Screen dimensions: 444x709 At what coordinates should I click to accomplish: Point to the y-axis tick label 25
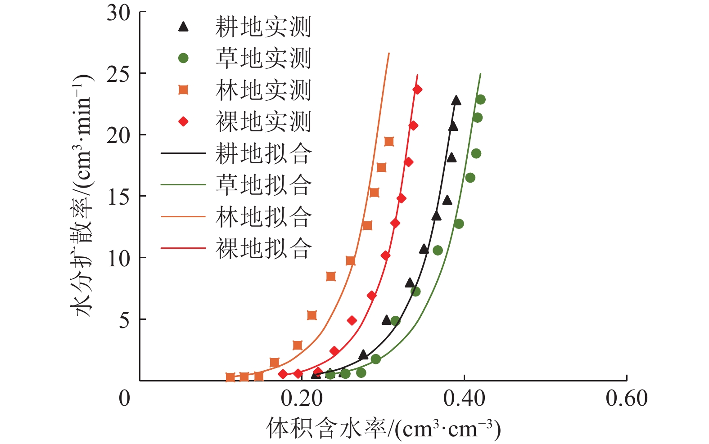click(118, 74)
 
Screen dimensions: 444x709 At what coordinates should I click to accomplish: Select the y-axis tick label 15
click(118, 197)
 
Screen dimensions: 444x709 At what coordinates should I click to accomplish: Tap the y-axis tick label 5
click(124, 320)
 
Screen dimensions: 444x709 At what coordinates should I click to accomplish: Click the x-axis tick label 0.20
click(302, 399)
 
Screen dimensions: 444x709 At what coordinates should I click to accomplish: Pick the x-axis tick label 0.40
click(464, 399)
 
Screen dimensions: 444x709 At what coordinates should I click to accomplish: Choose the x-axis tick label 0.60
click(627, 399)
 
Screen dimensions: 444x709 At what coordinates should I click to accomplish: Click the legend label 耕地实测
click(263, 27)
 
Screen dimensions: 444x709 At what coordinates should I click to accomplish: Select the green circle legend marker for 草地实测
click(183, 58)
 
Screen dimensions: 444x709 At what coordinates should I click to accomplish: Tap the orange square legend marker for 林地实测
click(183, 90)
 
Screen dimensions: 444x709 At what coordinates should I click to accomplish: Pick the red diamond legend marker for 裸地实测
click(183, 121)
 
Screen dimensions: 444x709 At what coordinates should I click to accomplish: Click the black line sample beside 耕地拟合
click(183, 153)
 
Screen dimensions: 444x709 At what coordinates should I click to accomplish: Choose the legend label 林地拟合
click(263, 217)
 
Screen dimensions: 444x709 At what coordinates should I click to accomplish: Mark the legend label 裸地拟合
click(263, 248)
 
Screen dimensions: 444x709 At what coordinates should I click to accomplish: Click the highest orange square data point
click(389, 142)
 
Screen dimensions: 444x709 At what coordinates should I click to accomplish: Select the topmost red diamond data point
click(417, 90)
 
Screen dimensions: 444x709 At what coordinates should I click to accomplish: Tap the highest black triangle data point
click(456, 100)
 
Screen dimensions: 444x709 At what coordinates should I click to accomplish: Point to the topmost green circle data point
click(480, 99)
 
